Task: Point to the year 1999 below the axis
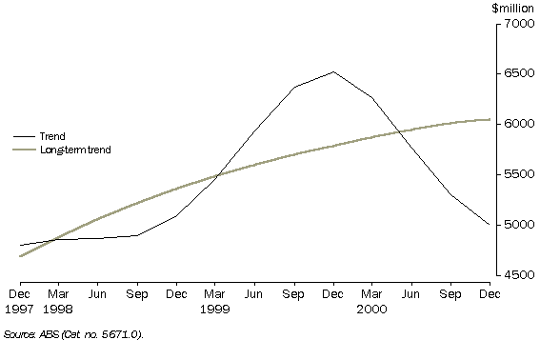(216, 309)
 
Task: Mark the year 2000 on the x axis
(372, 309)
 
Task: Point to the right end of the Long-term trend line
(490, 119)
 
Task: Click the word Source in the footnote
(20, 334)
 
